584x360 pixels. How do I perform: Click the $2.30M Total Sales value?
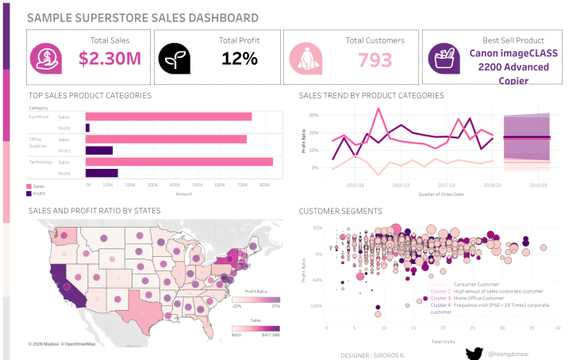109,58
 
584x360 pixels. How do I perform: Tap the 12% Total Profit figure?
240,58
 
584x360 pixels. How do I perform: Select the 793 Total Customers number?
375,59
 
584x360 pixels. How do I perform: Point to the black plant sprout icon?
174,57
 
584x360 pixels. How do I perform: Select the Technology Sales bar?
179,162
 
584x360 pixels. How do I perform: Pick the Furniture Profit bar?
87,128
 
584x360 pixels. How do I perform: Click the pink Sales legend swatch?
29,186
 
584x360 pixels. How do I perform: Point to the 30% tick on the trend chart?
313,114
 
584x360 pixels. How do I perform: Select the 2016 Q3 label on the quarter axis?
401,184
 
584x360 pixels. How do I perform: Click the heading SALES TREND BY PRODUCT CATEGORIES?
371,96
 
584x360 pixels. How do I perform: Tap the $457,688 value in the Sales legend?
267,335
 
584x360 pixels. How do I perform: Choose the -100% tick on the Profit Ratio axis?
316,306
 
